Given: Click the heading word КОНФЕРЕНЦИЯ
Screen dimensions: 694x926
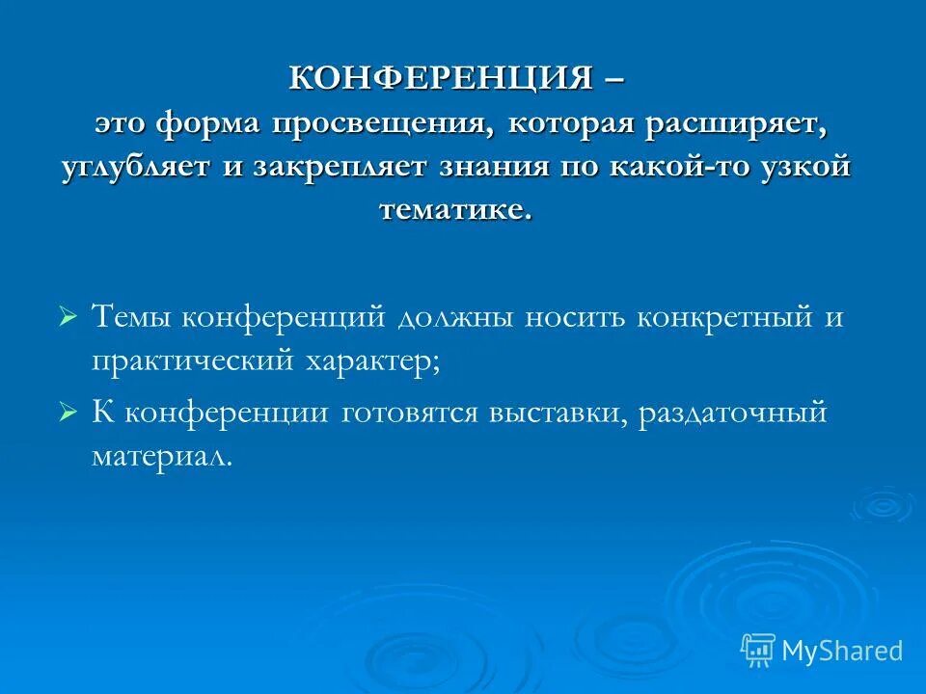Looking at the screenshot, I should (441, 78).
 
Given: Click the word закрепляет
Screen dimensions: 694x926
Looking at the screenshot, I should (340, 166).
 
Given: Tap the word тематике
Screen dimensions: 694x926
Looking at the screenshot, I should (455, 209).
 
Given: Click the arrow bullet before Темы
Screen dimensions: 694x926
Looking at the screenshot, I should (67, 316).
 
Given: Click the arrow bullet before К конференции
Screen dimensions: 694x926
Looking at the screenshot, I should (67, 412).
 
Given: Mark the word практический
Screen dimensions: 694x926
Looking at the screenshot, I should (192, 360).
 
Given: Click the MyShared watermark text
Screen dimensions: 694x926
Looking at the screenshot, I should (842, 651).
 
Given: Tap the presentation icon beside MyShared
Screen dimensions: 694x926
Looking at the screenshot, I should (758, 650).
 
